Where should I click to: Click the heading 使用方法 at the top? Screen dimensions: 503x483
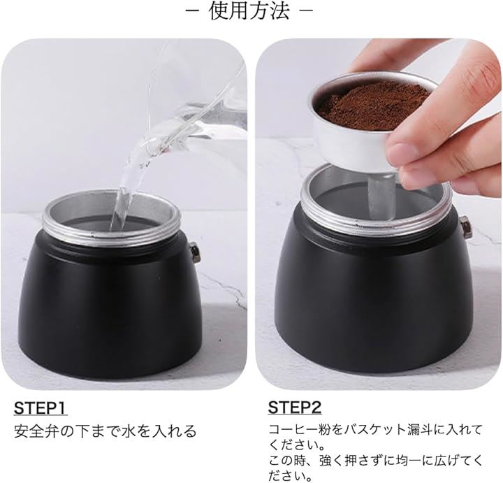click(x=249, y=12)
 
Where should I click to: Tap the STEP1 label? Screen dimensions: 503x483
click(x=41, y=408)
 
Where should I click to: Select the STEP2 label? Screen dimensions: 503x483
click(x=295, y=408)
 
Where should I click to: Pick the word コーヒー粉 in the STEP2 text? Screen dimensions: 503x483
click(x=300, y=430)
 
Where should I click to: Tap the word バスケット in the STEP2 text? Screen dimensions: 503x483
click(x=374, y=430)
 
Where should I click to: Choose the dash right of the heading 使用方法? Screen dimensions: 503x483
click(x=306, y=11)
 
